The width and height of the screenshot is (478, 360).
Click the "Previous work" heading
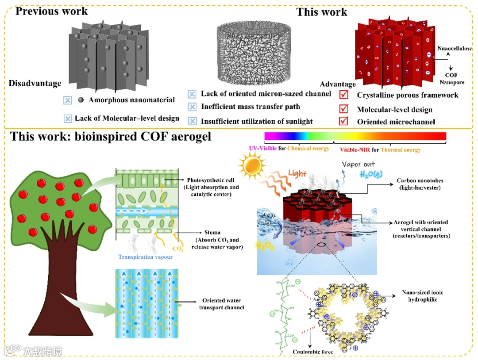pos(52,11)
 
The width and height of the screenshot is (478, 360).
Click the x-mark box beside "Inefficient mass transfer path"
pos(192,107)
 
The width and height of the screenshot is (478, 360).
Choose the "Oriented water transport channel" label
pos(224,304)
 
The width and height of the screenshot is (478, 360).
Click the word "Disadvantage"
pos(35,83)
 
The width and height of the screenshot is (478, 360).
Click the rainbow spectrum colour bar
pos(355,135)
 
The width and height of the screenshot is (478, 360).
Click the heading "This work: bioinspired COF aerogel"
pos(111,136)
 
